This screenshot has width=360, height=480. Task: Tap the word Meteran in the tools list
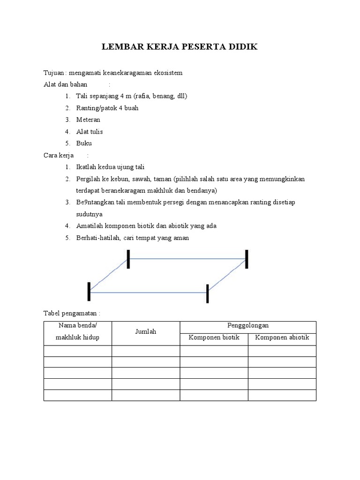click(x=88, y=120)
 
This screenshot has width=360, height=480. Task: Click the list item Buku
click(x=84, y=143)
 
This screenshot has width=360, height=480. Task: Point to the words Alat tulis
click(x=90, y=131)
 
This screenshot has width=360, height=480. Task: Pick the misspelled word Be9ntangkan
click(x=97, y=202)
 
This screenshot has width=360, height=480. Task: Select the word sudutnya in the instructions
click(x=89, y=214)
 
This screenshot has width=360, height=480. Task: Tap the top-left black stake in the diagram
click(x=128, y=259)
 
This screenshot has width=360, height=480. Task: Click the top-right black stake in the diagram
click(x=247, y=259)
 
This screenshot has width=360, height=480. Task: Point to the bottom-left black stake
click(x=89, y=292)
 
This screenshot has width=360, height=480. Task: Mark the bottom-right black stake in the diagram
click(x=207, y=293)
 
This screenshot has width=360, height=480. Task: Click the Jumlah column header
click(x=145, y=331)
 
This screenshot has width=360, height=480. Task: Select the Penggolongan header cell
click(x=248, y=325)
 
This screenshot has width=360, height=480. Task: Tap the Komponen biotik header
click(x=214, y=337)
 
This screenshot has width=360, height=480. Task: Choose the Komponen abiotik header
click(x=282, y=337)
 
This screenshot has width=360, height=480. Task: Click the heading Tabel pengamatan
click(x=72, y=313)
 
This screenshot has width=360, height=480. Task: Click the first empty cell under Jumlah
click(x=145, y=351)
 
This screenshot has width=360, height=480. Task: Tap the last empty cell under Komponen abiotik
click(x=282, y=395)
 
